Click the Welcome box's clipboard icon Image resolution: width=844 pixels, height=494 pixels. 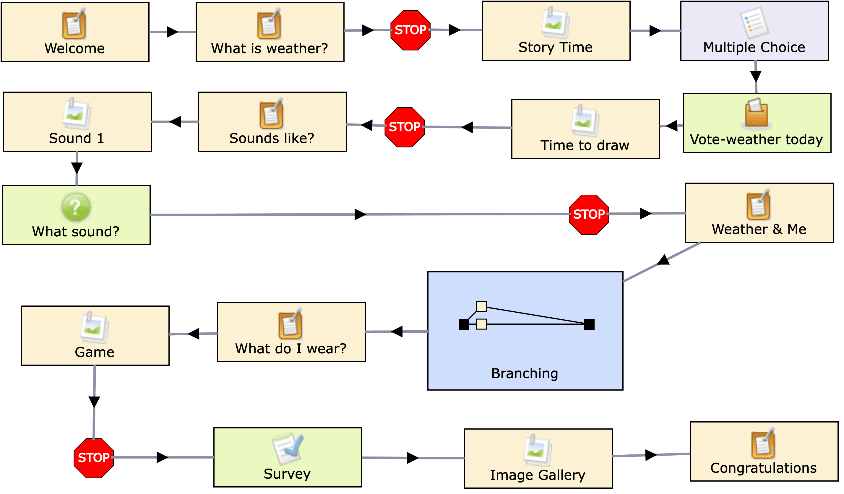(74, 24)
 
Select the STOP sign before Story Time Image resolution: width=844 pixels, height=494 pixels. (410, 30)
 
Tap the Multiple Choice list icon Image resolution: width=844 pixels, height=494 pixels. (754, 23)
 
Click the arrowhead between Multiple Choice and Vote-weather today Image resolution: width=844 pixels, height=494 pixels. (756, 76)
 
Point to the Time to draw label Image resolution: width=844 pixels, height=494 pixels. (585, 145)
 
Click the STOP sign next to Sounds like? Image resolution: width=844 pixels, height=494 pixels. (405, 127)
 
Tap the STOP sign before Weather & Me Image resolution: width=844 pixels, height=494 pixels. (589, 214)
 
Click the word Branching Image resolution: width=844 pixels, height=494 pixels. (525, 373)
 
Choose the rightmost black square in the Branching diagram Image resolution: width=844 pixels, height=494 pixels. (589, 324)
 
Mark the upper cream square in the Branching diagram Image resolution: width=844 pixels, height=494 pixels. (481, 306)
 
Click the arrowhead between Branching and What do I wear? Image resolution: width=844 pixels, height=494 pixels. (397, 331)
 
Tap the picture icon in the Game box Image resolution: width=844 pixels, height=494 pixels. (95, 328)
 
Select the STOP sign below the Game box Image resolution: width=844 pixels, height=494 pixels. (94, 457)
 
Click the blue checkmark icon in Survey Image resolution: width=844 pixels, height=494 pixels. (288, 448)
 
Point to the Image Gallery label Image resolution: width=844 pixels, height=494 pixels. (538, 475)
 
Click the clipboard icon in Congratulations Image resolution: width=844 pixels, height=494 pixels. (763, 443)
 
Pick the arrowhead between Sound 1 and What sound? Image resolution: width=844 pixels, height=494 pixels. (77, 168)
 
